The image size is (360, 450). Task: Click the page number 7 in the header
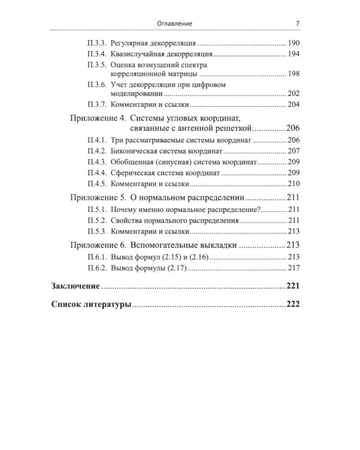[298, 25]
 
